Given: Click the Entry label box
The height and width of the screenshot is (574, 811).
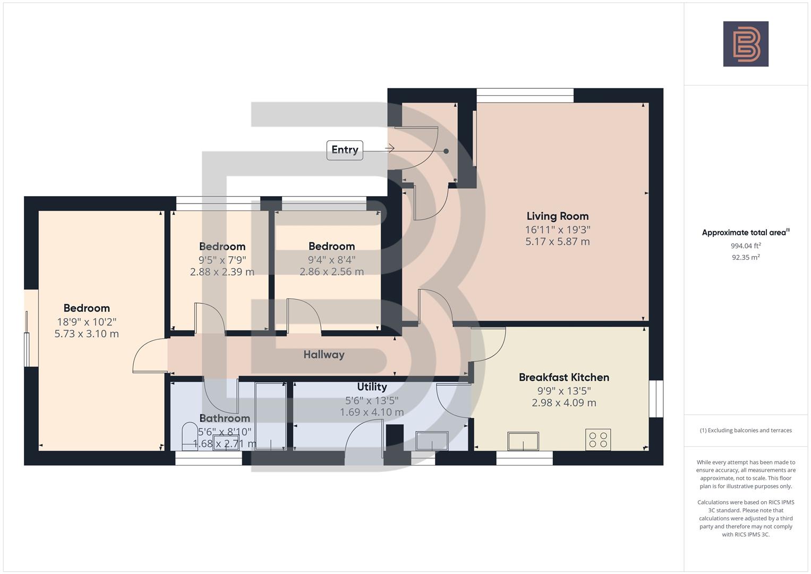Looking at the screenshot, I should (x=345, y=150).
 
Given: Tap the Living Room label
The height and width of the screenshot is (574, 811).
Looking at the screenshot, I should (x=557, y=216).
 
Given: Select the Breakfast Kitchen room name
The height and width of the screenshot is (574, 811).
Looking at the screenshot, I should (x=564, y=377).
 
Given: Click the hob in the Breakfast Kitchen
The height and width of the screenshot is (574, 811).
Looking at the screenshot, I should (x=598, y=440).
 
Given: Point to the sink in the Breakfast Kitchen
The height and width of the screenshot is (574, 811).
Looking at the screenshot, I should (x=523, y=441).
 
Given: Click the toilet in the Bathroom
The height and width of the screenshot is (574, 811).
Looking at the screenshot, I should (x=189, y=435).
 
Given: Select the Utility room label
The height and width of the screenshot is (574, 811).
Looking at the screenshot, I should (x=372, y=387).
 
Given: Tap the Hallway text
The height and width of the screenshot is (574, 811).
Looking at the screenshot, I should (x=324, y=354).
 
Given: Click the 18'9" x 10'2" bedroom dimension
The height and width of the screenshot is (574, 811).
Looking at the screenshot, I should (x=87, y=322).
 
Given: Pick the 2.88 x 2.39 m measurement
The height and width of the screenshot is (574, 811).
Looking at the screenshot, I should (x=222, y=272).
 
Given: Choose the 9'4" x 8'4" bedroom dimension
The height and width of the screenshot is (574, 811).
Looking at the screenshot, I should (x=331, y=260).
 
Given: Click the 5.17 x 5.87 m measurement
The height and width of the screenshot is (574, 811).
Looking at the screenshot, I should (x=557, y=242).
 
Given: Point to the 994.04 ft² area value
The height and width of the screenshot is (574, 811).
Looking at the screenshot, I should (x=745, y=246).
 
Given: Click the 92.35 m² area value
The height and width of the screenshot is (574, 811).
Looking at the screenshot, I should (x=745, y=257).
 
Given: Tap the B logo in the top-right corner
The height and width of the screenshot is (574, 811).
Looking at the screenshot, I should (x=746, y=44).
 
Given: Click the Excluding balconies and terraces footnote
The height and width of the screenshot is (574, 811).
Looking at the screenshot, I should (x=745, y=430).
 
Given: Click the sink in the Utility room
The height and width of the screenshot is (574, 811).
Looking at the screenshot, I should (x=432, y=441).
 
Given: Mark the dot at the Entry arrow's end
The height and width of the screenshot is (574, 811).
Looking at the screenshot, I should (x=446, y=151).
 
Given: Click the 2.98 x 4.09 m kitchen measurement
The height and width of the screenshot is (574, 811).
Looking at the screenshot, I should (x=564, y=403).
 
